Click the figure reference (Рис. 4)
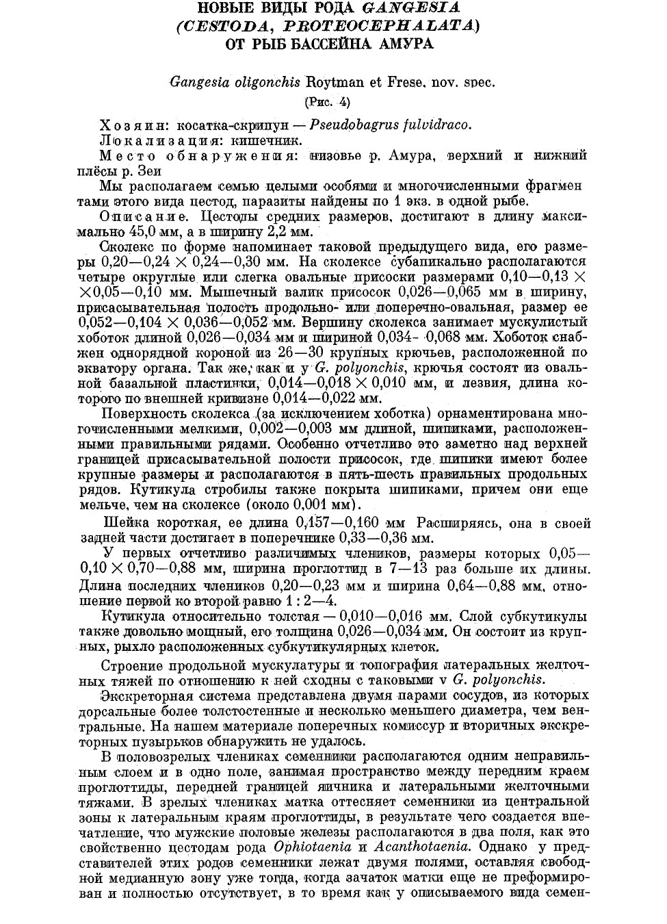point(326,103)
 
